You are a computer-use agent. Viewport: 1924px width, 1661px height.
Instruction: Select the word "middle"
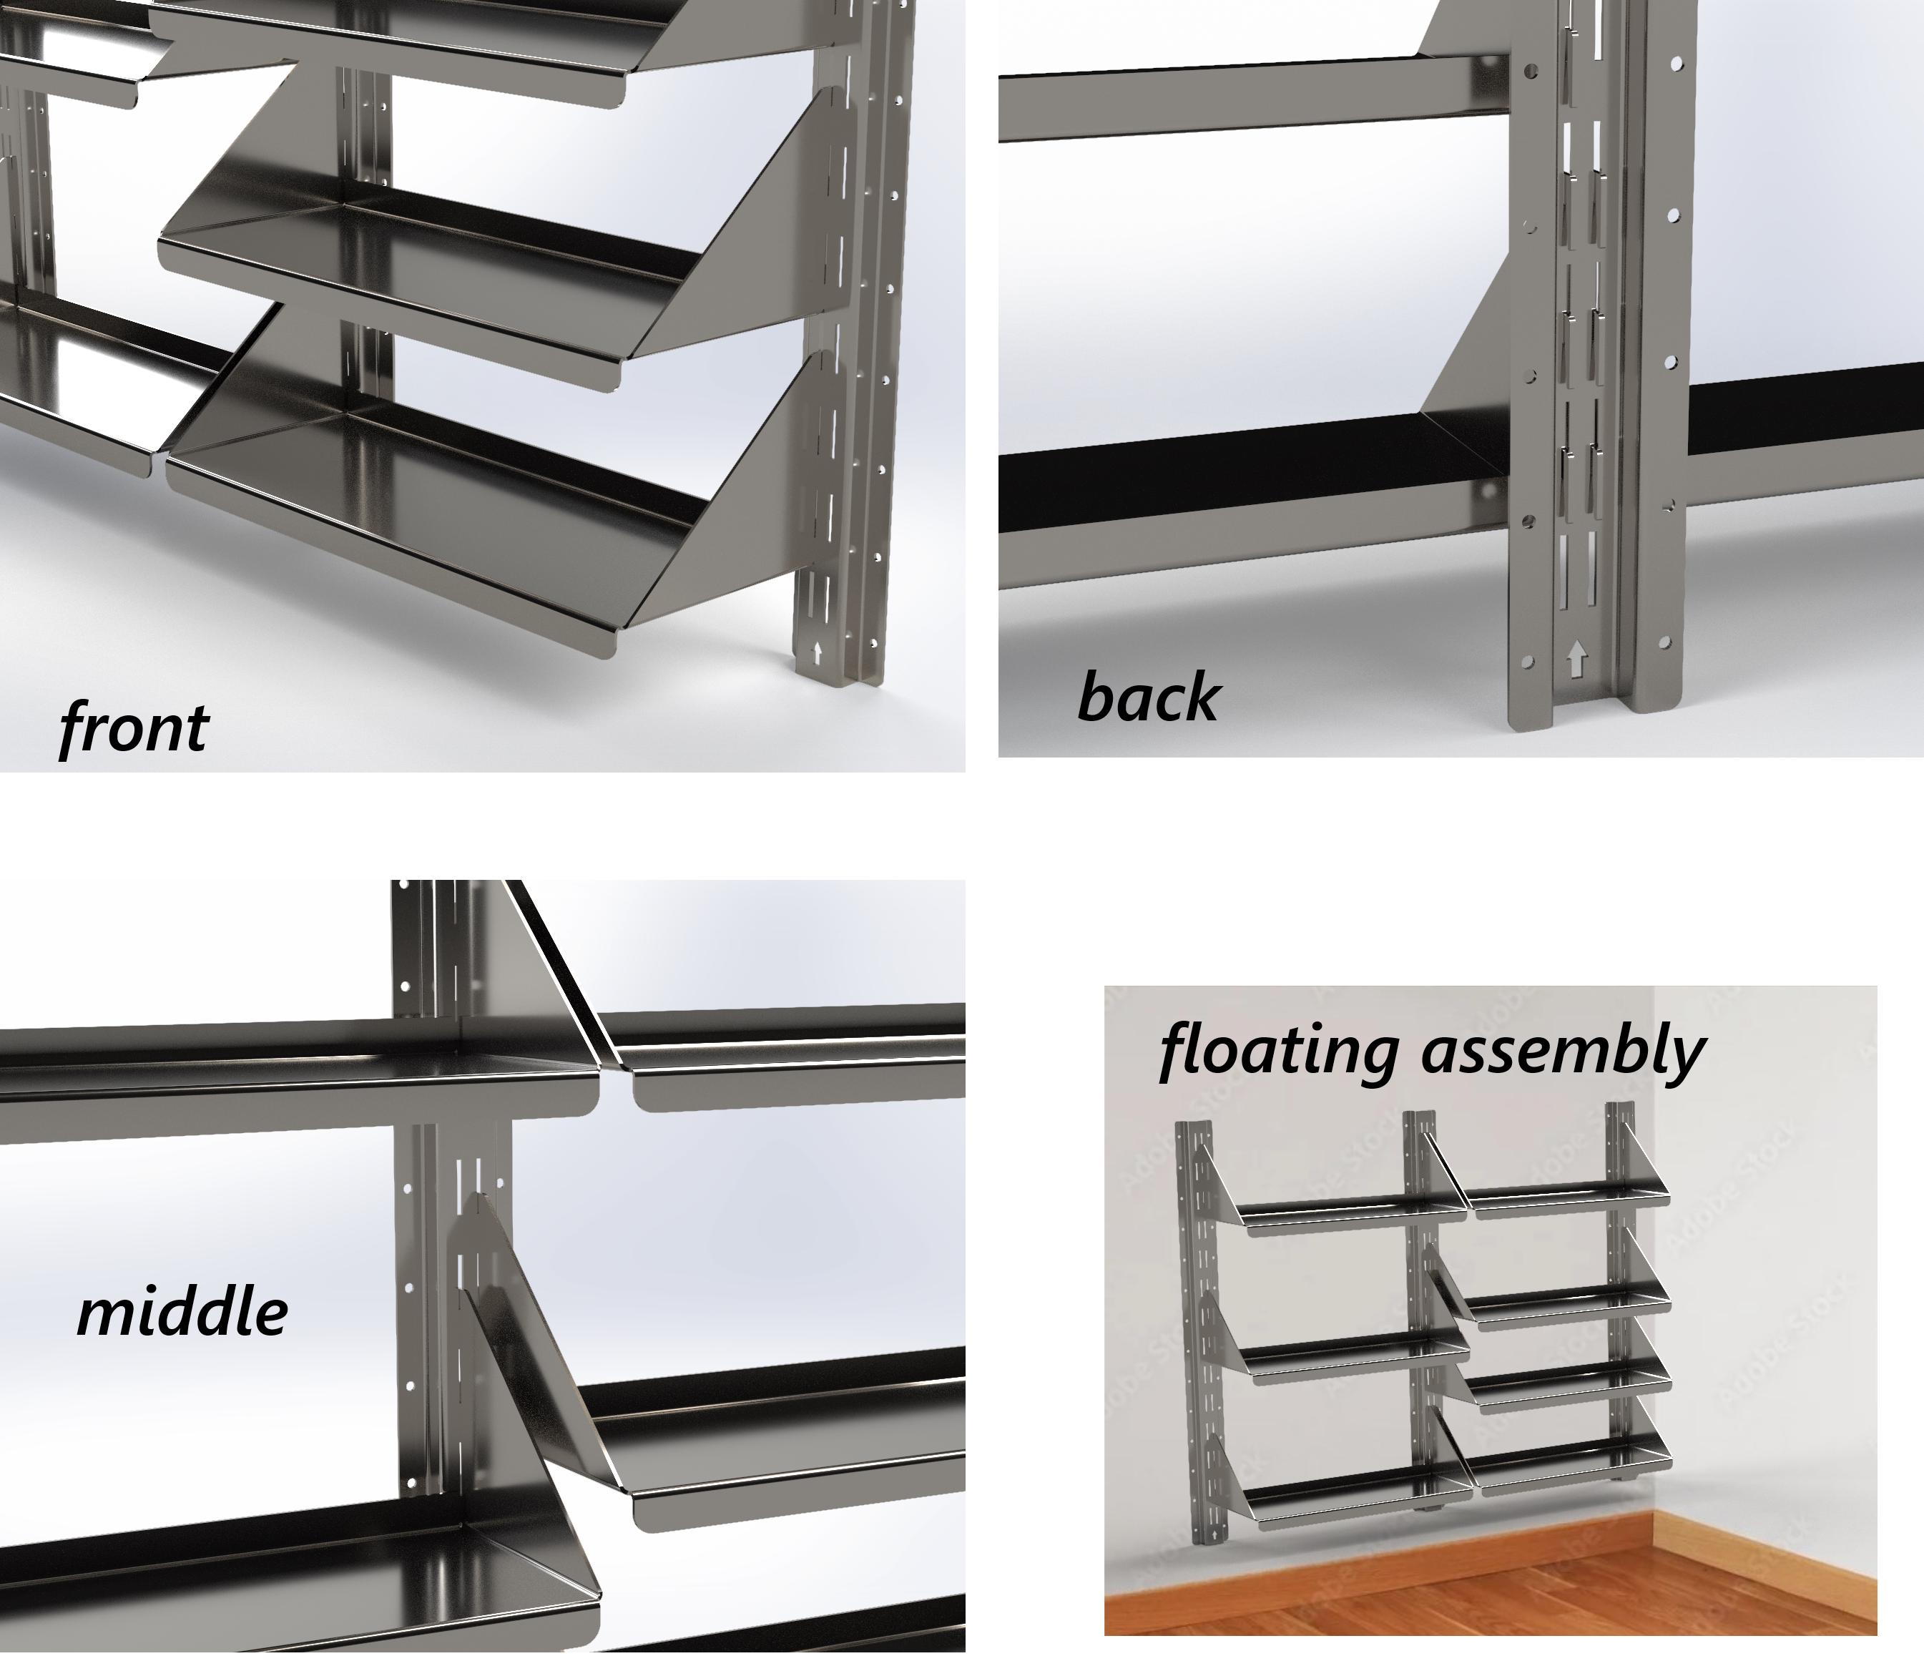[x=182, y=1312]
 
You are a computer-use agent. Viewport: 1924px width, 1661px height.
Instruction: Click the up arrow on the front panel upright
[x=817, y=652]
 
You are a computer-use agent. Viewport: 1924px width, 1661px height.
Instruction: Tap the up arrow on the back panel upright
[x=1576, y=662]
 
